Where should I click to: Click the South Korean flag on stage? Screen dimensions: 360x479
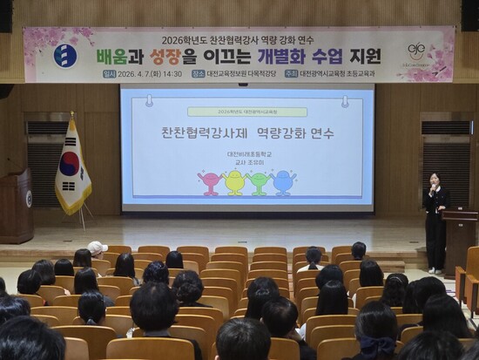point(71,168)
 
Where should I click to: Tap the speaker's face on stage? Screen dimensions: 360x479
point(434,180)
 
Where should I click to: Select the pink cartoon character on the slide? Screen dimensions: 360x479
point(210,182)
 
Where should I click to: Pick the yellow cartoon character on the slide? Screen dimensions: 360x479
point(234,182)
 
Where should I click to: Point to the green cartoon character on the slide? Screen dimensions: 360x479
point(258,182)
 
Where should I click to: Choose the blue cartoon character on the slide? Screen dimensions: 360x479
point(282,182)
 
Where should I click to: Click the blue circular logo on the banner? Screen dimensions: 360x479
point(65,56)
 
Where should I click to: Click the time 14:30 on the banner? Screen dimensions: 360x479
point(171,75)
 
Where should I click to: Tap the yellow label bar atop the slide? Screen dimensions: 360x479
point(247,112)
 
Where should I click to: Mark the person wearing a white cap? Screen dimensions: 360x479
point(97,248)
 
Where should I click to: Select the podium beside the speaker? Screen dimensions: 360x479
point(458,238)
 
